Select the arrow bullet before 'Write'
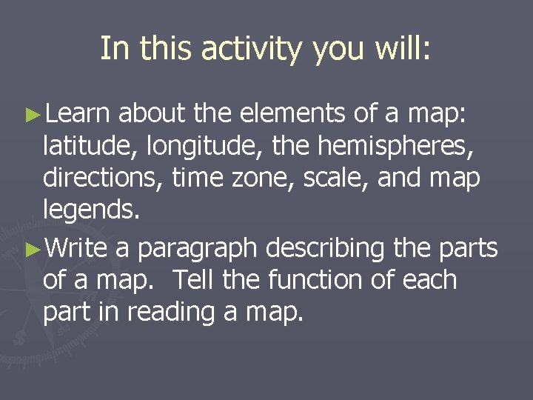click(x=30, y=249)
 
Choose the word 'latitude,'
click(x=90, y=147)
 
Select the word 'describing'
click(x=327, y=249)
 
